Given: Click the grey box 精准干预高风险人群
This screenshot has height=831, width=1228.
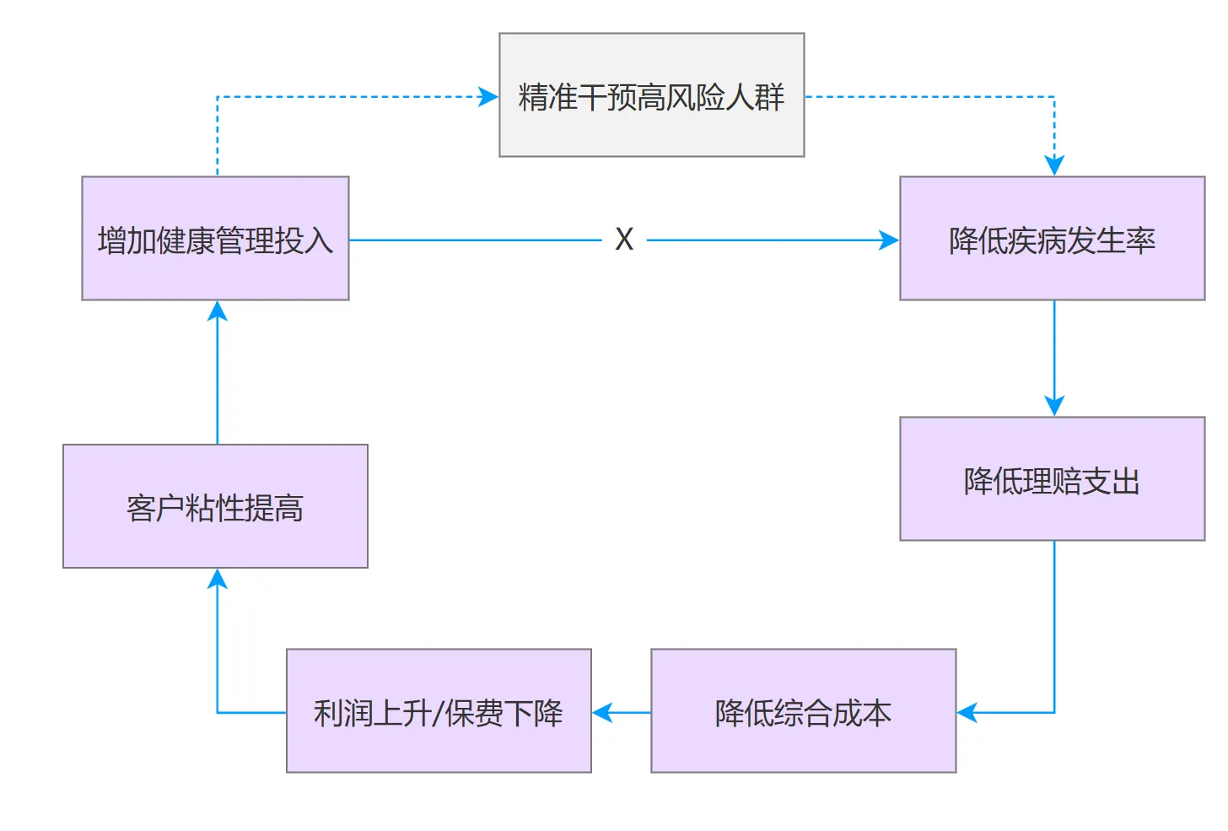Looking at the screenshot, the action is (x=652, y=94).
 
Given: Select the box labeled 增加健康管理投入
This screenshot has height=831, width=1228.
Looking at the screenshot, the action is (x=215, y=239).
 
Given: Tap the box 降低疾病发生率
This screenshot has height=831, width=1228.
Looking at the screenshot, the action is (x=1053, y=239).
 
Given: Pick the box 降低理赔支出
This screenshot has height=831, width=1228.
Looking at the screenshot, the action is (x=1053, y=479).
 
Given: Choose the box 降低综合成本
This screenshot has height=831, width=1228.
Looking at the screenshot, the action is (x=804, y=711).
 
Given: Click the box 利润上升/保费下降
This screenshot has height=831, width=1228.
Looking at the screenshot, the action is (x=439, y=711).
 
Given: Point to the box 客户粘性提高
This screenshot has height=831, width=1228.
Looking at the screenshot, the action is (x=215, y=506).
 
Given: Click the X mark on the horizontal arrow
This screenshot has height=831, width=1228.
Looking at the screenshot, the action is (x=624, y=239).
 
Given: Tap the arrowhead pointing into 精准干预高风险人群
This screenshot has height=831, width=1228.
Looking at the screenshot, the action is (x=487, y=97).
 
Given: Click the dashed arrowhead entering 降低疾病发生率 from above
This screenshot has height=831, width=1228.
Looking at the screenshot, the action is (x=1054, y=165).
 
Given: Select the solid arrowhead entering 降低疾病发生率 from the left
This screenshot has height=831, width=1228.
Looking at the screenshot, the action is (x=889, y=240).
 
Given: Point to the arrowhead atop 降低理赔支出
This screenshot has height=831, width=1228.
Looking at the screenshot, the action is (x=1054, y=406).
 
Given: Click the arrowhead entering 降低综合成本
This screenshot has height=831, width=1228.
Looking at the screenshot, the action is (x=967, y=713).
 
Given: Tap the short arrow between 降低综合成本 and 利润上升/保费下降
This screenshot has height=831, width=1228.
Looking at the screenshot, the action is (x=622, y=713).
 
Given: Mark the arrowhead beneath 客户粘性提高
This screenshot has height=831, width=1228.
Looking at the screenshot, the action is (x=218, y=580).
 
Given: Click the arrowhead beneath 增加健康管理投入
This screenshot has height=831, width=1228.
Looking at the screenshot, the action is (x=218, y=311).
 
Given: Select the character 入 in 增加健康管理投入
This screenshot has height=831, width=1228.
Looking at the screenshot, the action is (x=319, y=240).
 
